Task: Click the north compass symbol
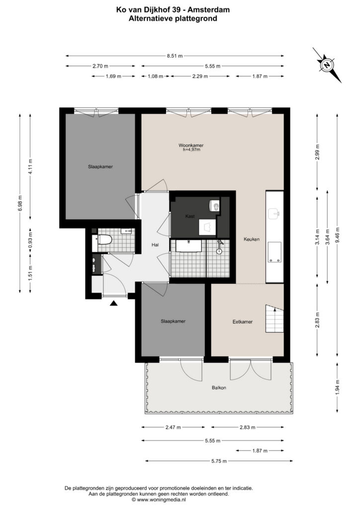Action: click(x=327, y=65)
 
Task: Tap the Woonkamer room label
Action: click(x=191, y=146)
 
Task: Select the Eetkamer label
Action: click(x=243, y=322)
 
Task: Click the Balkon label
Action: click(x=219, y=388)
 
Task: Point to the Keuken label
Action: click(x=252, y=239)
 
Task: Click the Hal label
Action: click(x=155, y=245)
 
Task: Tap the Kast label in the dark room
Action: click(x=190, y=216)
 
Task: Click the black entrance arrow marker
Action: click(x=113, y=303)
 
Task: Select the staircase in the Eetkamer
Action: click(x=274, y=319)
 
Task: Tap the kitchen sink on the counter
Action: click(x=274, y=213)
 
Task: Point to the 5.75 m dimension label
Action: click(x=219, y=461)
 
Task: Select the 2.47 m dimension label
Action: click(x=173, y=427)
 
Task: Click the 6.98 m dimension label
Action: click(x=20, y=203)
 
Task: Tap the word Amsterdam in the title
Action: click(x=211, y=10)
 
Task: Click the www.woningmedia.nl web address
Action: click(x=161, y=500)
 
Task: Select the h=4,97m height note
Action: click(x=191, y=150)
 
